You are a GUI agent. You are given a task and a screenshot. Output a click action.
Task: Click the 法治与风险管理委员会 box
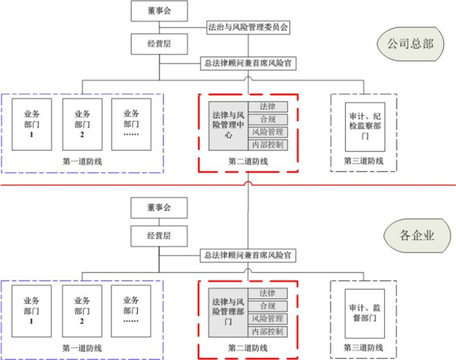point(248,28)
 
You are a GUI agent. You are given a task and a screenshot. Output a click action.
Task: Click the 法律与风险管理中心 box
point(228,125)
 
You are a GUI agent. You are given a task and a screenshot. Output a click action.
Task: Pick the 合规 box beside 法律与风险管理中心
point(268,119)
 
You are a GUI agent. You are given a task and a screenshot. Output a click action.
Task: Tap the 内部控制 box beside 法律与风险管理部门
point(267,331)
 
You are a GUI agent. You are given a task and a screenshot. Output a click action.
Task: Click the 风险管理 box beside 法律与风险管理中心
point(267,132)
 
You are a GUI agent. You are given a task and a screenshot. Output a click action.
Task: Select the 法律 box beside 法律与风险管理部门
point(267,293)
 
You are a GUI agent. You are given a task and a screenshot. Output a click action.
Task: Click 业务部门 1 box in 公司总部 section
point(32,124)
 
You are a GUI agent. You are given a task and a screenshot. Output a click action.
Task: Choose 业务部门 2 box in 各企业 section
point(82,310)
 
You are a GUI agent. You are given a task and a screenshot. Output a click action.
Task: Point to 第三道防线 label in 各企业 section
point(363,348)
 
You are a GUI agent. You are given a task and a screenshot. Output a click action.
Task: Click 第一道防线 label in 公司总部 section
point(82,161)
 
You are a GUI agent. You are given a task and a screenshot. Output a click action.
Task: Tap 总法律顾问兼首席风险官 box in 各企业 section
point(248,255)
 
